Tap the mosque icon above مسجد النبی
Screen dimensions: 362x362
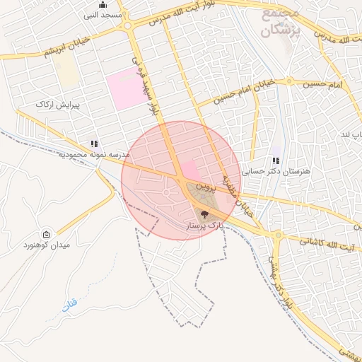[x=103, y=4]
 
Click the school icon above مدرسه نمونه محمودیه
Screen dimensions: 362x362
[x=94, y=144]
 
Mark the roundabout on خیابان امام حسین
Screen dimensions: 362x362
[x=290, y=81]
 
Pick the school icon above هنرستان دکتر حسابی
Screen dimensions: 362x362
[x=276, y=161]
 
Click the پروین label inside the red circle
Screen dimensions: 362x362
[x=204, y=189]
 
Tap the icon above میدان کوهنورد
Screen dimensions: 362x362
[x=47, y=235]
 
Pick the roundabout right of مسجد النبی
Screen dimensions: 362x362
[x=128, y=26]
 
